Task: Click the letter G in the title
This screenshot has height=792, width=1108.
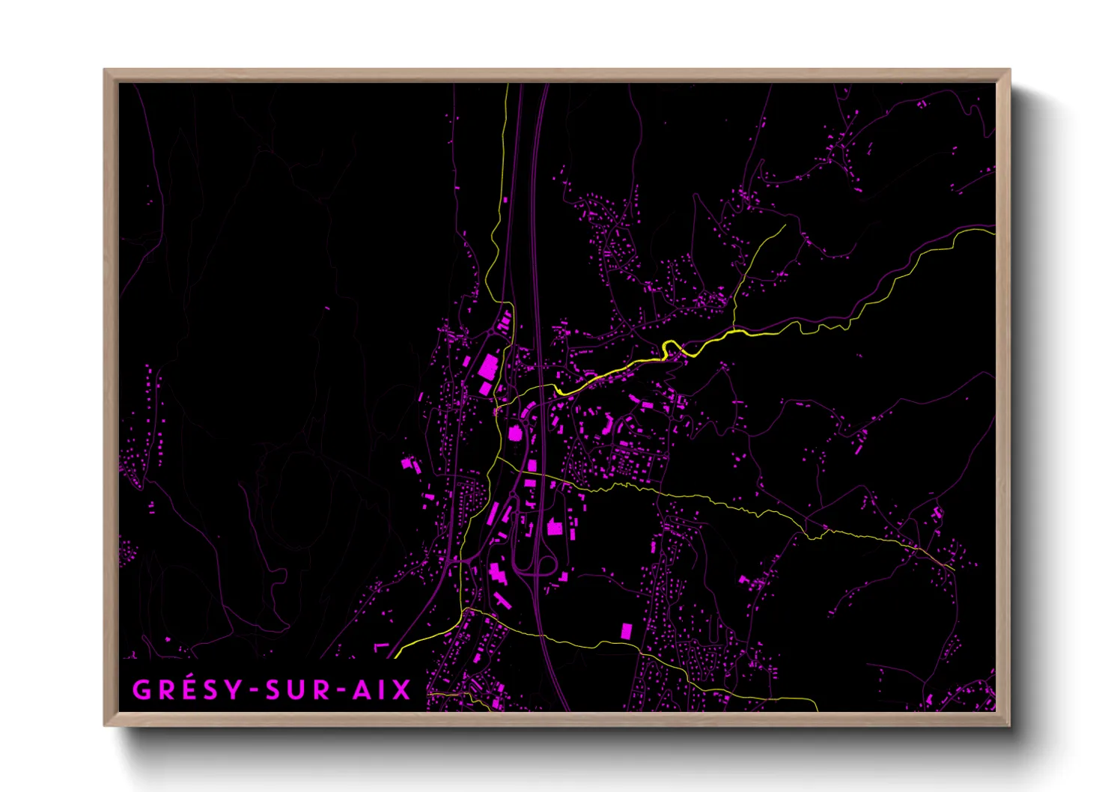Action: tap(141, 689)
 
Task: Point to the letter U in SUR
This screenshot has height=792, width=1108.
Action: tap(297, 689)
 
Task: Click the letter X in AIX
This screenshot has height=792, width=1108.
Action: tap(402, 689)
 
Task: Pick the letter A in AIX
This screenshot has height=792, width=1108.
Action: tap(363, 689)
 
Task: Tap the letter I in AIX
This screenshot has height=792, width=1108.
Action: tap(383, 689)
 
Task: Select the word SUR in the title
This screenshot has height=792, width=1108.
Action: tap(298, 689)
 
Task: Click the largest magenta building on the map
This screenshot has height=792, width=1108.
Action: tap(488, 368)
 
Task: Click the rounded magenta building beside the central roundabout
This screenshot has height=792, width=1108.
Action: tap(514, 433)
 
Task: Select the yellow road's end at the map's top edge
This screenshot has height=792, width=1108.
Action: tap(508, 85)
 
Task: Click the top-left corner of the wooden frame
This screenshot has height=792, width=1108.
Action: tap(105, 70)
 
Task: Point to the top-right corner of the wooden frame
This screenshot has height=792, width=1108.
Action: tap(1009, 70)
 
